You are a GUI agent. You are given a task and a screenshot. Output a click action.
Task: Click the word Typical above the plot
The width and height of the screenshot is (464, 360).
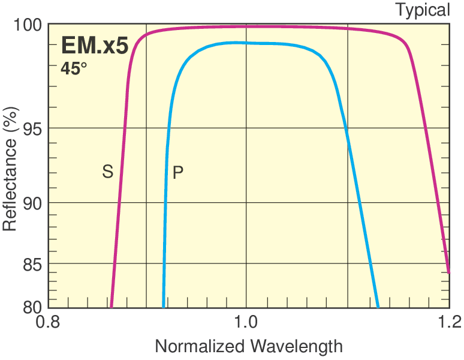tap(422, 10)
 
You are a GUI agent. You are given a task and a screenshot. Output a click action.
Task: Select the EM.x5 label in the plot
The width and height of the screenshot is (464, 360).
tap(94, 46)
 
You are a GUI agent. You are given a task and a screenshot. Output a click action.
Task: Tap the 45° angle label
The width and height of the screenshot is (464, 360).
tap(74, 68)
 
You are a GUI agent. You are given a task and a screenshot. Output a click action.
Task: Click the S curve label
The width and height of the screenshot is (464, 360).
tap(107, 172)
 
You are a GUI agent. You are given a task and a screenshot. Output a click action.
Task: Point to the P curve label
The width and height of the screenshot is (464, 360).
tap(177, 173)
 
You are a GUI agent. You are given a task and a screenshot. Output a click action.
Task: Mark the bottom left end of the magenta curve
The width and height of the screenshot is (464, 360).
tap(112, 306)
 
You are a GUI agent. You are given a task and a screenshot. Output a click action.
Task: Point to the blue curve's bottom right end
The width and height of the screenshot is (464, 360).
tap(378, 306)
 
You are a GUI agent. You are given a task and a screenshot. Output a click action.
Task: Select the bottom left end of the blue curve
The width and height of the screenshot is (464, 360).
tap(163, 306)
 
